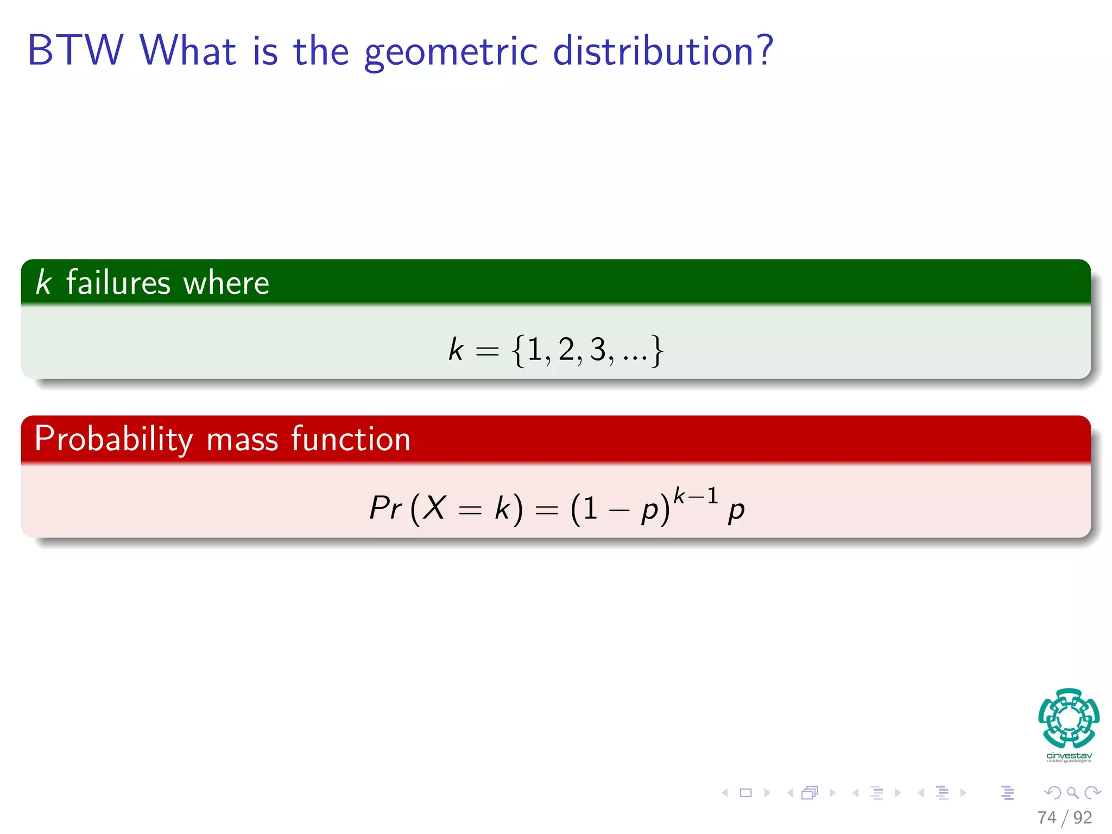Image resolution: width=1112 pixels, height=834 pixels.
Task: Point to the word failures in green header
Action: coord(118,282)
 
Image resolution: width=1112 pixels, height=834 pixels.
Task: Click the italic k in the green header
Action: coord(43,282)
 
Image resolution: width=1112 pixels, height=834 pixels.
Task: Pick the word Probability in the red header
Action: coord(113,439)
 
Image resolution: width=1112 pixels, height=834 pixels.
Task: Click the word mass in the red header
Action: coord(242,439)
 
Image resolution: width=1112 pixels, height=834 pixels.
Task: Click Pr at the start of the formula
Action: coord(385,508)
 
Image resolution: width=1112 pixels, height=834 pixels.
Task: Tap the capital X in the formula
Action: coord(434,508)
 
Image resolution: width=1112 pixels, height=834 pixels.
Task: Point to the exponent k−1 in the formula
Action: coord(696,496)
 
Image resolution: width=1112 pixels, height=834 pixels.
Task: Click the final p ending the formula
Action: coord(736,510)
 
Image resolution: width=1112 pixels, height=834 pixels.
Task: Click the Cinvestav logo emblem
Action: coord(1069,719)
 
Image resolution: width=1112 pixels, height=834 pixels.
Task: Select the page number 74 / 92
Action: coord(1064,817)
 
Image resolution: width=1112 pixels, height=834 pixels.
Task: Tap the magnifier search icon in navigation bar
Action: coord(1072,793)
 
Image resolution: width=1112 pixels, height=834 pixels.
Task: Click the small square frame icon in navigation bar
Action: coord(746,793)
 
